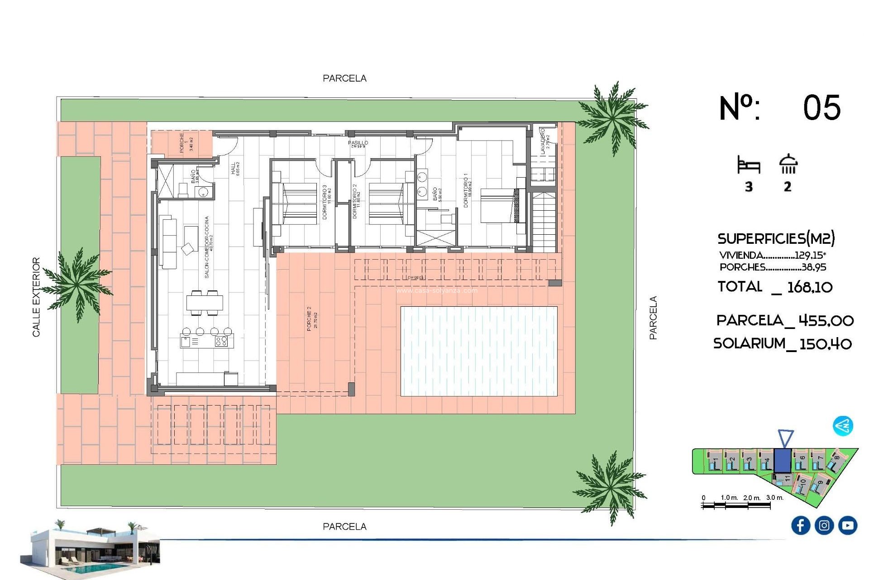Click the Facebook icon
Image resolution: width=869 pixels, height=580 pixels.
click(x=800, y=525)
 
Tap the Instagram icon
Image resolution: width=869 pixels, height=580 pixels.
click(x=824, y=525)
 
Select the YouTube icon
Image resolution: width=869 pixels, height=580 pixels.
click(x=847, y=525)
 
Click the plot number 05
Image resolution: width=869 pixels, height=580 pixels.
click(x=821, y=108)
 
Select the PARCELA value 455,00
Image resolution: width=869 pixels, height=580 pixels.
click(x=826, y=321)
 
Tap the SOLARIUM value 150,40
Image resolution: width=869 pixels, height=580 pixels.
click(x=826, y=344)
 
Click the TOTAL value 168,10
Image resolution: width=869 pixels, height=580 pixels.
click(x=810, y=287)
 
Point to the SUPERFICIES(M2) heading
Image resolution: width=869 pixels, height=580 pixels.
click(x=776, y=238)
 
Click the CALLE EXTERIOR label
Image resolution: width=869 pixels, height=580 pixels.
click(x=36, y=297)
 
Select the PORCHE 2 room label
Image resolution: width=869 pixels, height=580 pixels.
click(x=312, y=318)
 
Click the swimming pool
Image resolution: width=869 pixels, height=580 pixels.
click(x=479, y=351)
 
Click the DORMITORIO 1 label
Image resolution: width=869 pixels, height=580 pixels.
click(x=467, y=190)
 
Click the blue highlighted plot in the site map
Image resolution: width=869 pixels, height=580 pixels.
click(x=782, y=460)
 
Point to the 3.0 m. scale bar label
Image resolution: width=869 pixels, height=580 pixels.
click(x=774, y=498)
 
